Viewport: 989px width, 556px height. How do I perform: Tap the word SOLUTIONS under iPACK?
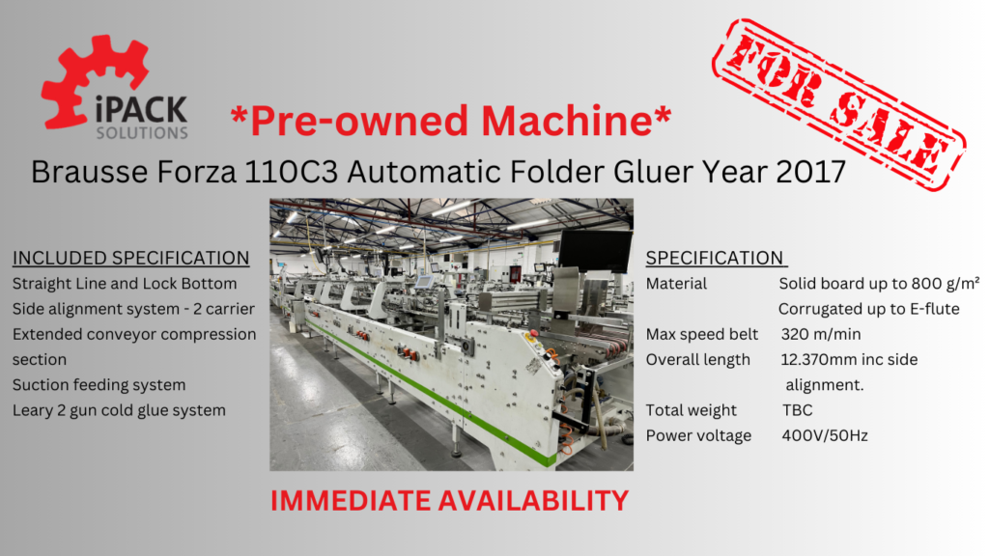tap(142, 133)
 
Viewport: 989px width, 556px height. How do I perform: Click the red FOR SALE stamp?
tap(839, 104)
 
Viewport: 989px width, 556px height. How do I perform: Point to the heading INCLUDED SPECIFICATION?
tap(130, 258)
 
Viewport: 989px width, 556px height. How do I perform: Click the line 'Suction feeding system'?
tap(99, 385)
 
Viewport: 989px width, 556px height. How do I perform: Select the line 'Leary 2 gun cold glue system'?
tap(119, 410)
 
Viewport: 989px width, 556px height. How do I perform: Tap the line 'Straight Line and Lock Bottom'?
tap(125, 284)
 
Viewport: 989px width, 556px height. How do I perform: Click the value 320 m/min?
tap(821, 334)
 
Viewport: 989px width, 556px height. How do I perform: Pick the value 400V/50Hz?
tap(825, 435)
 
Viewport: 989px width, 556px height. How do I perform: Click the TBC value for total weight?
tap(797, 410)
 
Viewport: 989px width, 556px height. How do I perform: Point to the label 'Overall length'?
tap(697, 360)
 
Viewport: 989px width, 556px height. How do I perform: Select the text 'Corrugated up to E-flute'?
tap(868, 309)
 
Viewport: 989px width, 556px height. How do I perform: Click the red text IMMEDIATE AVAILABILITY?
tap(450, 501)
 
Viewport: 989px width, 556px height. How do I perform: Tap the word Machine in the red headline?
tap(566, 120)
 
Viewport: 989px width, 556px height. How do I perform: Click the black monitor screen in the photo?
tap(595, 250)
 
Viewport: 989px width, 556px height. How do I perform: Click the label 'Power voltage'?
tap(698, 435)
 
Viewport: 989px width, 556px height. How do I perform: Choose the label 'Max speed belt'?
tap(702, 334)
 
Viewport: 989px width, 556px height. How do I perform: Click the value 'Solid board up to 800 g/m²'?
tap(879, 284)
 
